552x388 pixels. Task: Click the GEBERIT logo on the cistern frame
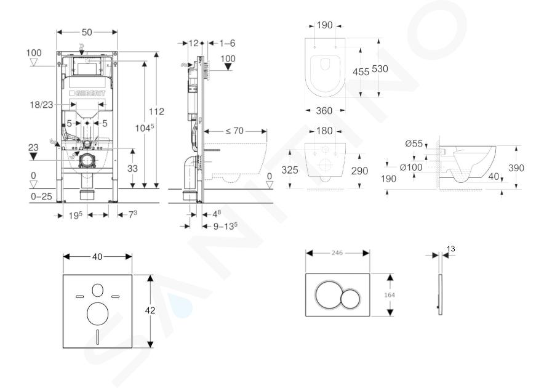(87, 94)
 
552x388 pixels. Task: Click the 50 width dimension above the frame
(87, 33)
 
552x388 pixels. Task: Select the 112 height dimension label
(156, 111)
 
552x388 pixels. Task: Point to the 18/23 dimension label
(42, 105)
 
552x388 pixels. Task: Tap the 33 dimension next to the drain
(132, 169)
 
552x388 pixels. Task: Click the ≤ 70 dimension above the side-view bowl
(234, 131)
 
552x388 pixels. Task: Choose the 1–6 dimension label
(227, 43)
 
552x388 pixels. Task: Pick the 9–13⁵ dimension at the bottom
(225, 226)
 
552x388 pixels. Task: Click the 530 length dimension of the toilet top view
(380, 69)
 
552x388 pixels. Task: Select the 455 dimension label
(361, 71)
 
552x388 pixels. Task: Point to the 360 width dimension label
(324, 111)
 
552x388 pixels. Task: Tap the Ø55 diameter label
(414, 143)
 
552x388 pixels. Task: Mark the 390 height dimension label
(516, 168)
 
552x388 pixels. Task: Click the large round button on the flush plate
(329, 294)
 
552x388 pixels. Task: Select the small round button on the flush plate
(350, 299)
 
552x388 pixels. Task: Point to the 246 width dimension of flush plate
(337, 253)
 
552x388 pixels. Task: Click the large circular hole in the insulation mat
(97, 314)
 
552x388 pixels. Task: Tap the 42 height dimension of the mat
(150, 310)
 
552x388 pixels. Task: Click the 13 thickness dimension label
(450, 249)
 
